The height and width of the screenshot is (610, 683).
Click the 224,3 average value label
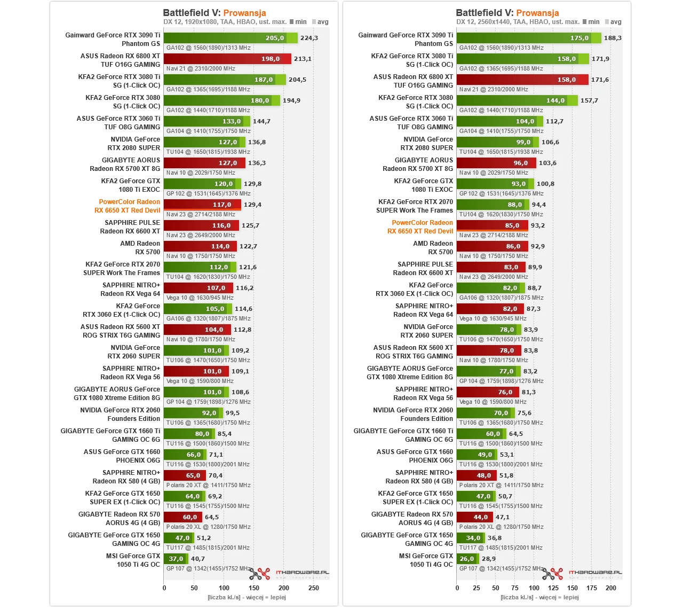coord(309,38)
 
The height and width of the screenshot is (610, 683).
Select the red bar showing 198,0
coord(227,59)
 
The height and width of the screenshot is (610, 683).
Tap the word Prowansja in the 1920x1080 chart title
coord(244,13)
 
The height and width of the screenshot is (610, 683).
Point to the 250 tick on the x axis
coord(314,588)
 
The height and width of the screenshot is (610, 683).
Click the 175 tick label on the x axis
coord(592,588)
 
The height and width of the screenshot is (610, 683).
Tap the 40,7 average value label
coord(198,559)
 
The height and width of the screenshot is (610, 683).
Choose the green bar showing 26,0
coord(466,559)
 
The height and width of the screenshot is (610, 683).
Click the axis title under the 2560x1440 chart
coord(539,597)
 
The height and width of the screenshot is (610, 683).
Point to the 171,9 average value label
coord(600,59)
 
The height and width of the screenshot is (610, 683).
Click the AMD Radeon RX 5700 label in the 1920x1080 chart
coord(140,248)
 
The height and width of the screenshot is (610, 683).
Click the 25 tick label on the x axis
coord(476,588)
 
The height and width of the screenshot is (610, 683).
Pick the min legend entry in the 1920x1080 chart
coord(298,22)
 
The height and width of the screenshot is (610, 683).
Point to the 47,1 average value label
coord(503,517)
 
